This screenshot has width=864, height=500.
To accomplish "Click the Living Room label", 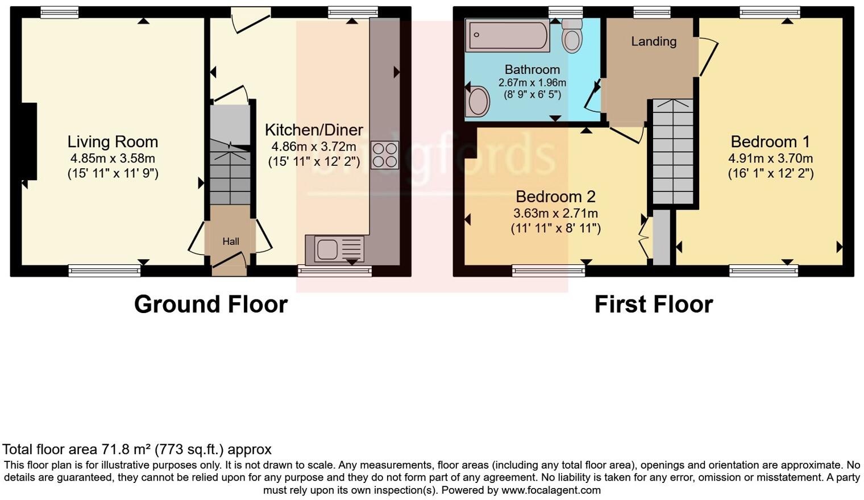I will (113, 142).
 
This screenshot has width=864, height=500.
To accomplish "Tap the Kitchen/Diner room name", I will (314, 130).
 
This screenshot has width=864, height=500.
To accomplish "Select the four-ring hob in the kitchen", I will (385, 155).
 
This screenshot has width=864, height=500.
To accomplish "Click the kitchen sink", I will (335, 249).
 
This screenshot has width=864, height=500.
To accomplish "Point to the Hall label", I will (230, 241).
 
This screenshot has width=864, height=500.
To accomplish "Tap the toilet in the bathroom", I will (572, 36).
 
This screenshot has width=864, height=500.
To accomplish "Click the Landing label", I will (654, 41).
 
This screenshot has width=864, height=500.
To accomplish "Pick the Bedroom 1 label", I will (770, 141).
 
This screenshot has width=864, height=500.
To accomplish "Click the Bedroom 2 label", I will (555, 197).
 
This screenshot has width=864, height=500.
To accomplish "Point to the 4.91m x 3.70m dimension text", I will (770, 159).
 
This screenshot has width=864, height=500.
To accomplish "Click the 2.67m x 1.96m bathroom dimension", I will (532, 83).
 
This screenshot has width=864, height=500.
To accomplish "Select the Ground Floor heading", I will (210, 305).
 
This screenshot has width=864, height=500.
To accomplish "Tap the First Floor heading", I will (653, 305).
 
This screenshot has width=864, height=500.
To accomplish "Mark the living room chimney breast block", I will (29, 141).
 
